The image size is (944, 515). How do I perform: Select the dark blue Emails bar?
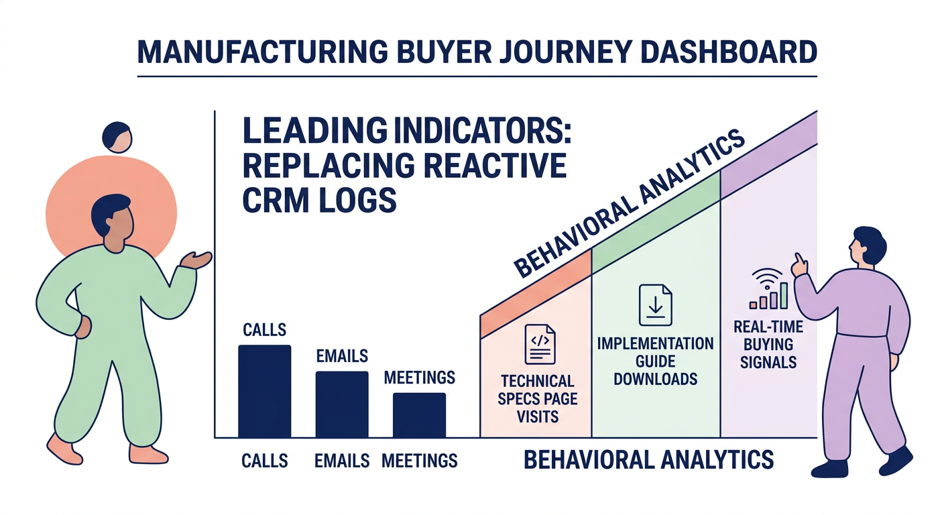pos(342,404)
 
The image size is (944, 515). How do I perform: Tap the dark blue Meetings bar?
pos(419,415)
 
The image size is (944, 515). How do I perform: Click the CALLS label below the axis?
pos(264,461)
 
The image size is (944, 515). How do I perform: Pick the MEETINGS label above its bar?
pos(420,378)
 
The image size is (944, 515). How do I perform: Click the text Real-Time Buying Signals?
pos(765,345)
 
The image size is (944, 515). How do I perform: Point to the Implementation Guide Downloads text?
pos(655,361)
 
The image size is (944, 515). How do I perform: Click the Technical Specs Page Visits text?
pos(538,399)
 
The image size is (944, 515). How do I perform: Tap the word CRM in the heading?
pos(276,200)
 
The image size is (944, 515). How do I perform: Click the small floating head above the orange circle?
pos(117,136)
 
